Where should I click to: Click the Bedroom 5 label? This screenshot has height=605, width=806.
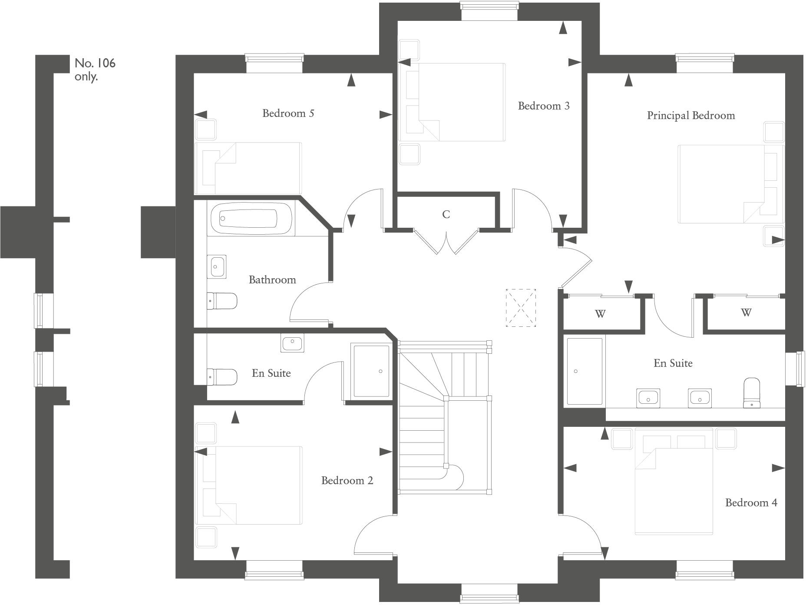coord(288,113)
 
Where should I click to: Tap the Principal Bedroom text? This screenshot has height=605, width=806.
coord(690,116)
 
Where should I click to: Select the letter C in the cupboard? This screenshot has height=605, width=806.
coord(446,214)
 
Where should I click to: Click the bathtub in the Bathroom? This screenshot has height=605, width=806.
coord(250,218)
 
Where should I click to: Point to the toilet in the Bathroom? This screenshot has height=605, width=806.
coord(222,301)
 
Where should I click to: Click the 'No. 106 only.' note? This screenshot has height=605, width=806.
coord(95,70)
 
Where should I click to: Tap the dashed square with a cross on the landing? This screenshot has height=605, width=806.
coord(521,308)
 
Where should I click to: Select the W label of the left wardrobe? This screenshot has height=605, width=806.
coord(600,314)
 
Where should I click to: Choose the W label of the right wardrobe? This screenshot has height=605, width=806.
coord(746,312)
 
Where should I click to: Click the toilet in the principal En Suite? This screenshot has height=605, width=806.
coord(752,392)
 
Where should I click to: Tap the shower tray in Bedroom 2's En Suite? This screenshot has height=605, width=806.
coord(371,371)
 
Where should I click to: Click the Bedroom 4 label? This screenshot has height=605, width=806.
coord(751,503)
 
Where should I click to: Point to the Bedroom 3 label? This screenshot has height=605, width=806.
coord(543,106)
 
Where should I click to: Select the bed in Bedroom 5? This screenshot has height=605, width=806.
coord(248,168)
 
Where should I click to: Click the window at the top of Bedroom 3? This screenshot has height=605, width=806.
coord(489,11)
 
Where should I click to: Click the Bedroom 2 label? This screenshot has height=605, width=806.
coord(347,481)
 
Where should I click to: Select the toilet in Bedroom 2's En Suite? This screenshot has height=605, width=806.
coord(222,377)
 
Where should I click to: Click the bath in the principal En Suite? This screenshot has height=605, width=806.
coord(585,371)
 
